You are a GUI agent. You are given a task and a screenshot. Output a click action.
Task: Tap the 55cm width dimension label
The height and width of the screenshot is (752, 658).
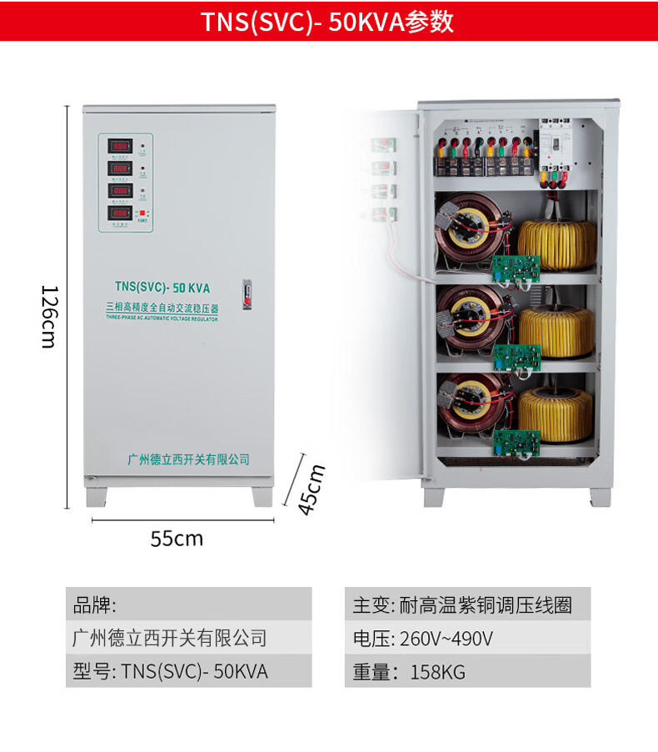(177, 539)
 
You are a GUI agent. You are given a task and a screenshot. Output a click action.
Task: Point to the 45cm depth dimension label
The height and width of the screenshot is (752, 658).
(311, 489)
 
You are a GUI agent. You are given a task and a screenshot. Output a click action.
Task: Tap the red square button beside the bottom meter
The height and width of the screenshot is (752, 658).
(142, 213)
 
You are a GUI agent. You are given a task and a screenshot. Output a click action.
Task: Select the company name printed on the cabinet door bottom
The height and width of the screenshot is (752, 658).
(188, 459)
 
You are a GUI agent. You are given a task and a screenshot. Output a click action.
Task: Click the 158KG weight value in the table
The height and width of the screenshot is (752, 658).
(437, 672)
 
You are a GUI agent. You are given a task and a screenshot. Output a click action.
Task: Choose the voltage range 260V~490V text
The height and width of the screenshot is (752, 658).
(446, 639)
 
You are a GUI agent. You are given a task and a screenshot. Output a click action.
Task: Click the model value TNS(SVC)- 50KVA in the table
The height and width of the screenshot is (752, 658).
(195, 671)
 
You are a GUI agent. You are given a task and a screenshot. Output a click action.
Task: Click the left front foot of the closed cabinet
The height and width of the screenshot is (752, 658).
(97, 495)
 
